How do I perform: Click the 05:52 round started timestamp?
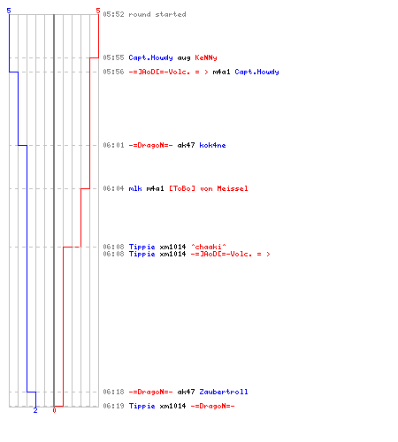tap(113, 14)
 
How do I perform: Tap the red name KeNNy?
tap(206, 57)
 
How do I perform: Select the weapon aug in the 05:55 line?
tap(184, 58)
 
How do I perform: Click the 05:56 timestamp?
tap(113, 72)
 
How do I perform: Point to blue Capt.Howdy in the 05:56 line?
tap(256, 72)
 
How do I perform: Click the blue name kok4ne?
tap(212, 145)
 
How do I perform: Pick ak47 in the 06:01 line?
tap(186, 145)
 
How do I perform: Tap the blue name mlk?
tap(135, 188)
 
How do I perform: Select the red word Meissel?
tap(233, 188)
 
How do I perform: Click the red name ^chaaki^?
tap(209, 247)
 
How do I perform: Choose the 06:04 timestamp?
tap(113, 188)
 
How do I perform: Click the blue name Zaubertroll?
tap(224, 392)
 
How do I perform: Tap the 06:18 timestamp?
tap(113, 392)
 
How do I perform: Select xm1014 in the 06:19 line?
tap(172, 406)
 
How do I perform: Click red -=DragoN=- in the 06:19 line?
tap(212, 406)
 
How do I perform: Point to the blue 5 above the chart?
tap(9, 11)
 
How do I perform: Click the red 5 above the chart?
tap(98, 11)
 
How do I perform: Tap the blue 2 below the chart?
tap(35, 410)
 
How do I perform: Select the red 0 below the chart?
tap(54, 410)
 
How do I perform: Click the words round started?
tap(157, 14)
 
